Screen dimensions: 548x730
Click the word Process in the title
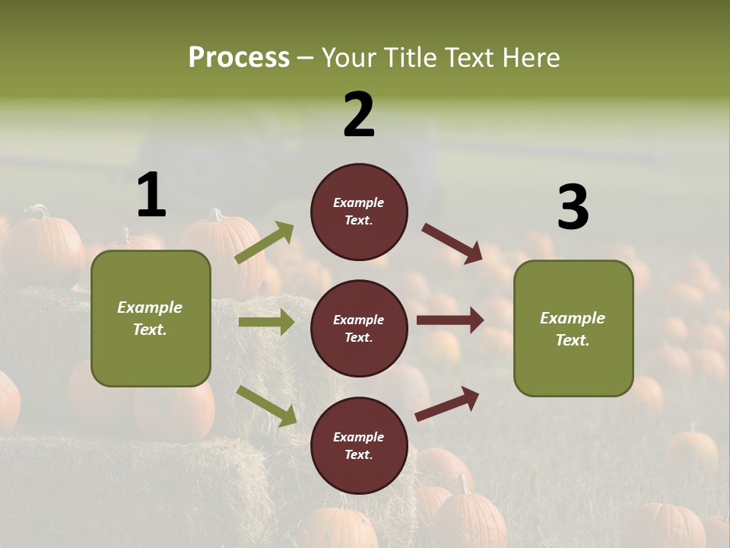click(x=239, y=58)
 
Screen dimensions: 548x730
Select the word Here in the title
click(x=529, y=58)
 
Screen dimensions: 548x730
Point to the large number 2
click(x=359, y=115)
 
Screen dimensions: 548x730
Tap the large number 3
click(x=573, y=208)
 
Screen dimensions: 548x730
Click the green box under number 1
click(x=151, y=318)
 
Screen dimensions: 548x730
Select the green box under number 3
click(x=573, y=329)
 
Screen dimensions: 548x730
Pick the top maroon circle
click(x=359, y=212)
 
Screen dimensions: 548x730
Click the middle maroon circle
click(x=359, y=328)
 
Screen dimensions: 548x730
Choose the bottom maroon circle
click(x=359, y=445)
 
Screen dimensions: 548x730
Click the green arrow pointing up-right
click(x=265, y=242)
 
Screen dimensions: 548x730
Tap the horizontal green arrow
click(x=266, y=322)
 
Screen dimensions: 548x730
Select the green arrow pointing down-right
click(x=266, y=406)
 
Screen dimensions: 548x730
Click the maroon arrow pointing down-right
click(x=452, y=244)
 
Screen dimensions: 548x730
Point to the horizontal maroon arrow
click(x=449, y=320)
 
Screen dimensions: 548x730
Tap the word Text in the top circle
click(x=358, y=221)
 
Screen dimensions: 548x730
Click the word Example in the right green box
click(x=573, y=318)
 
